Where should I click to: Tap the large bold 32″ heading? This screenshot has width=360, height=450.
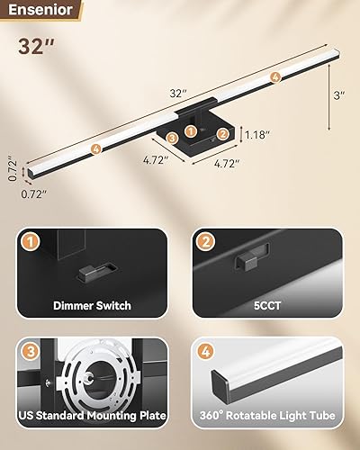tap(37, 47)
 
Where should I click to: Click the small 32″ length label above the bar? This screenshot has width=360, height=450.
tap(178, 93)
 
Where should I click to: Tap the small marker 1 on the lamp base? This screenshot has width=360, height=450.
tap(191, 131)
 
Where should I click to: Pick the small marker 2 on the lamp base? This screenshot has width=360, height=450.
tap(221, 132)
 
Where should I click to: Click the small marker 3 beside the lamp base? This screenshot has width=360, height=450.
tap(172, 138)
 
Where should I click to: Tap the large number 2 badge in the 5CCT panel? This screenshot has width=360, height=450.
tap(205, 242)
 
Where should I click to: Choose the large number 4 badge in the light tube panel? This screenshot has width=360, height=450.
tap(205, 351)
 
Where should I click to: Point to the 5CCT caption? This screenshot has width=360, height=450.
tap(268, 306)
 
